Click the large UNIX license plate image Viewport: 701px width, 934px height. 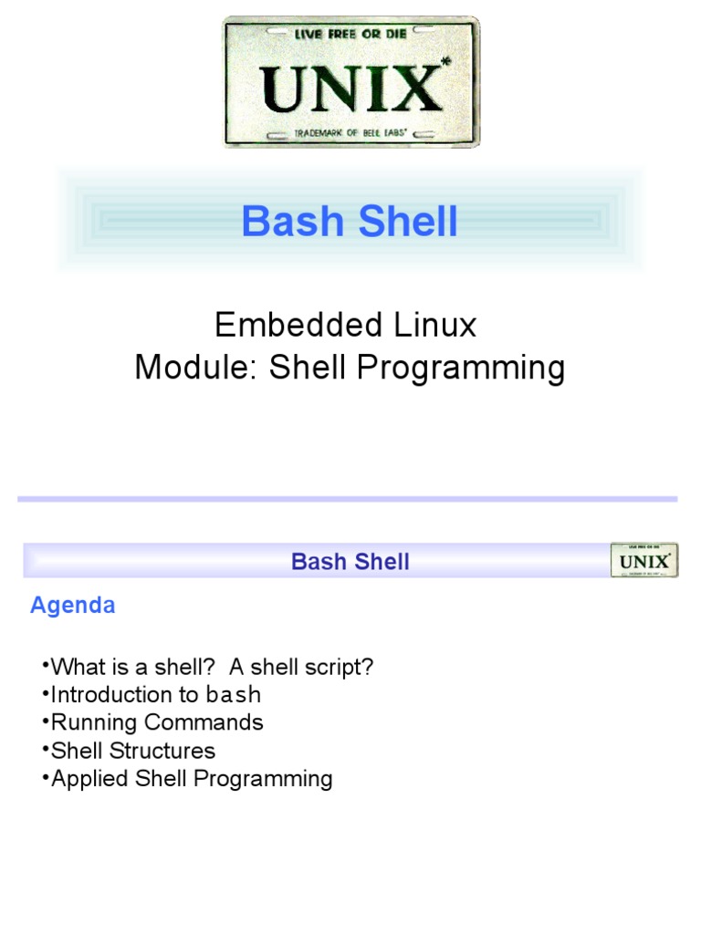351,82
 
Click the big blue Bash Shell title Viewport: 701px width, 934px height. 350,222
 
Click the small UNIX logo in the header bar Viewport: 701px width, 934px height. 643,560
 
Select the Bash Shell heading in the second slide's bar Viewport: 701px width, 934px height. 350,561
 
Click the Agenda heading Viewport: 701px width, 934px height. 73,606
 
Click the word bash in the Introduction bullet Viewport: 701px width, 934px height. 234,695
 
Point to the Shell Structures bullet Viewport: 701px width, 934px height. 133,751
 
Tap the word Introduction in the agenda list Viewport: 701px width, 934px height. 100,695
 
